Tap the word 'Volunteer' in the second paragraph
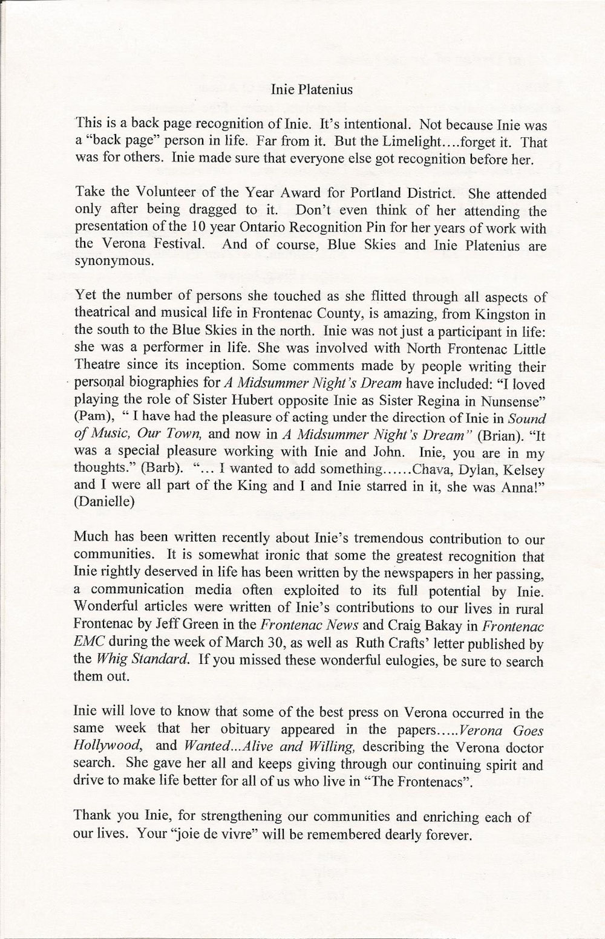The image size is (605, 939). coord(163,195)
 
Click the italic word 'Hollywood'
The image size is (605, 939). coord(102,745)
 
